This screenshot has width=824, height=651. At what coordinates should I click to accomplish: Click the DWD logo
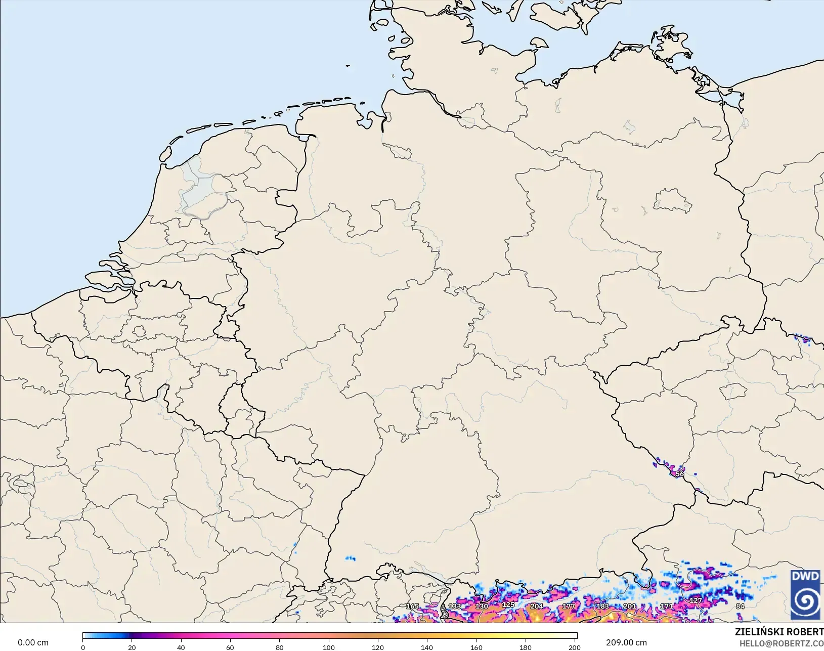[x=806, y=594]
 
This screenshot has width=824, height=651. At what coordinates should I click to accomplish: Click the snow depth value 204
[x=537, y=606]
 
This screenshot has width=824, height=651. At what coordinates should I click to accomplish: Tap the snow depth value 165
[x=412, y=606]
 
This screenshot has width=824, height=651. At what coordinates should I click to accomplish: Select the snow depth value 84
[x=740, y=606]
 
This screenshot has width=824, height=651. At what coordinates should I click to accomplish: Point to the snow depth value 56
[x=680, y=474]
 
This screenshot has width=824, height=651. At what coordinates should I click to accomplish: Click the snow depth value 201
[x=630, y=606]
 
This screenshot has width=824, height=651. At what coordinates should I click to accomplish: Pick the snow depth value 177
[x=569, y=606]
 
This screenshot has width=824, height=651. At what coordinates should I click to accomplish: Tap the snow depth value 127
[x=696, y=600]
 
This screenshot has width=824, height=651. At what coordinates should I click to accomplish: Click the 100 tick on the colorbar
[x=329, y=647]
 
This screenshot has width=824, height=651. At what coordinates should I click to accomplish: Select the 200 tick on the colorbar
[x=575, y=647]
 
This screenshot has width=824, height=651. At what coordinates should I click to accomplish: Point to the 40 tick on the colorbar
[x=181, y=647]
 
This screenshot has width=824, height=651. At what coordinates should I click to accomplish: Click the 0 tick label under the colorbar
[x=83, y=647]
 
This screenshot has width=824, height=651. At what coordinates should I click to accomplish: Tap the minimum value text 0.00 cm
[x=33, y=642]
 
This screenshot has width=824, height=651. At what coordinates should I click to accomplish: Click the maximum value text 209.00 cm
[x=626, y=642]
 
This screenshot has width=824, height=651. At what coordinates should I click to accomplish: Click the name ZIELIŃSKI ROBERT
[x=779, y=632]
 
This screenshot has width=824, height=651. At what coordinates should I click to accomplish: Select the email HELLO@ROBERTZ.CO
[x=781, y=643]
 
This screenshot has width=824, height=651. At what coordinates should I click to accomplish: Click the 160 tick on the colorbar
[x=476, y=647]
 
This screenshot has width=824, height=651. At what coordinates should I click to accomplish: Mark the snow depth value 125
[x=508, y=604]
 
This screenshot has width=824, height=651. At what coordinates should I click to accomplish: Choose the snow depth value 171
[x=667, y=606]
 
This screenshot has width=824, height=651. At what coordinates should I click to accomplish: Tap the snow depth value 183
[x=602, y=606]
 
